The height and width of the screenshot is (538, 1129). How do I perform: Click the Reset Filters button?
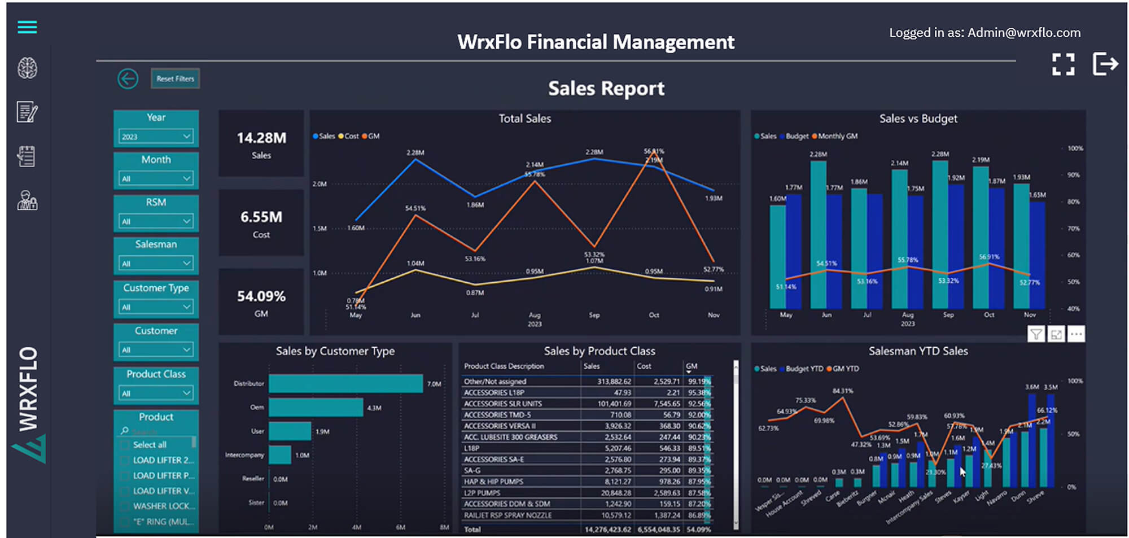pos(175,78)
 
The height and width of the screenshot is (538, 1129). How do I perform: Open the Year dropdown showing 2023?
pos(156,137)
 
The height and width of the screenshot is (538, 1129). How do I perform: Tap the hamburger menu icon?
pos(27,27)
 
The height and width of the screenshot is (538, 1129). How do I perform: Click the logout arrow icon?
pos(1105,64)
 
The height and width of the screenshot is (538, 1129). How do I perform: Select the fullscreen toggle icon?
pos(1063,64)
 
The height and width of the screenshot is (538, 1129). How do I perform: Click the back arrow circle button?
pos(128,78)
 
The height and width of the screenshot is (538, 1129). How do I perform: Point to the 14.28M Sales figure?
pos(261,138)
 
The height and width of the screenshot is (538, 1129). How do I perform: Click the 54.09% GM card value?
pos(261,296)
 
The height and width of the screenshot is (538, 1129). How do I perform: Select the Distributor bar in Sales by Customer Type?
pos(345,383)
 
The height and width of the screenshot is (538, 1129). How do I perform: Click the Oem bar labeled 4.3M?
pos(316,408)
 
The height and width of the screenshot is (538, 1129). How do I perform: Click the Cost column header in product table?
pos(644,366)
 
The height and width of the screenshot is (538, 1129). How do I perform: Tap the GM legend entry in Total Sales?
pos(371,136)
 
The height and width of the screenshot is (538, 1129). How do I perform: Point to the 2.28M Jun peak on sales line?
pos(416,160)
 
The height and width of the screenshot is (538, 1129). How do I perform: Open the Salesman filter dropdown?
pos(156,264)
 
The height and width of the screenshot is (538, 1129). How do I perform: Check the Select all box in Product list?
pos(125,445)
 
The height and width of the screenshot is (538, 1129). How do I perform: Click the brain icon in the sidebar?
pos(27,68)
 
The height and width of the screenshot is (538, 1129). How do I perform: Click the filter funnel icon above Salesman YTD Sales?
pos(1036,335)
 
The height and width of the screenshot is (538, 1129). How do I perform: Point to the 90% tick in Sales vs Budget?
pos(1073,175)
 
